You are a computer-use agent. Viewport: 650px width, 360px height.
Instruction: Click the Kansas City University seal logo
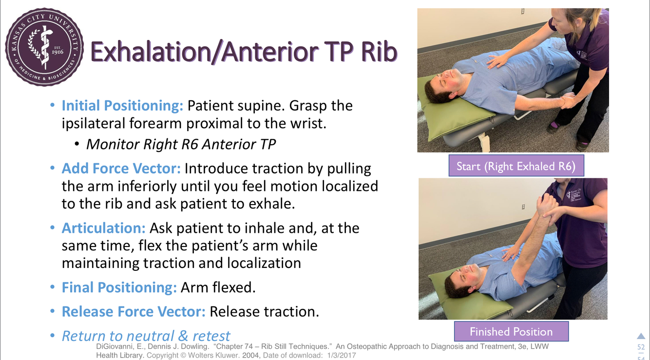(x=44, y=47)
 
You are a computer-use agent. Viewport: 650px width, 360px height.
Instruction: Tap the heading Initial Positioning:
(x=122, y=106)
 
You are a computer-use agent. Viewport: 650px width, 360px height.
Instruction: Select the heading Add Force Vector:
(x=121, y=169)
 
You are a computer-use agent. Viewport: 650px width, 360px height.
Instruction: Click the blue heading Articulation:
(x=104, y=228)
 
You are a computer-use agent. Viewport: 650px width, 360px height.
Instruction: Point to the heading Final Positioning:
(x=119, y=287)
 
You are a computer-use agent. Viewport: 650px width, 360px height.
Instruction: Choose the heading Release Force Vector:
(x=134, y=312)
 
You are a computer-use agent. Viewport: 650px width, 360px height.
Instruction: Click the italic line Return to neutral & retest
(x=146, y=336)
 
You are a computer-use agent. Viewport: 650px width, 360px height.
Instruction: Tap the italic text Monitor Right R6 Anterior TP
(x=181, y=144)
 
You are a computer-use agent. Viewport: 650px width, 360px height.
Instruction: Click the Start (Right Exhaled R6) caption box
(x=516, y=166)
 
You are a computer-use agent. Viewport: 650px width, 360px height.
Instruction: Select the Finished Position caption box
(x=511, y=331)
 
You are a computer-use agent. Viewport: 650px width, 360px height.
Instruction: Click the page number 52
(x=641, y=347)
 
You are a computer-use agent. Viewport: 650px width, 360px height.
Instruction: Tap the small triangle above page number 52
(x=641, y=336)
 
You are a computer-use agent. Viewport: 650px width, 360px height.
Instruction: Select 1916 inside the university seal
(x=57, y=52)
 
